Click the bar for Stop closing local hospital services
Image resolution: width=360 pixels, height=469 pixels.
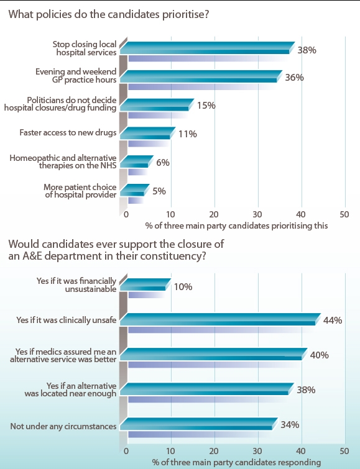coord(205,48)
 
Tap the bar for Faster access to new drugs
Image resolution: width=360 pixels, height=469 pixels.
coord(148,134)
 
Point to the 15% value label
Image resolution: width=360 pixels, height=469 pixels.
coord(206,106)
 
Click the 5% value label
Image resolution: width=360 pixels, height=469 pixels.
coord(159,191)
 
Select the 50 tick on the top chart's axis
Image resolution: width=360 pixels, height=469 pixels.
coord(345,214)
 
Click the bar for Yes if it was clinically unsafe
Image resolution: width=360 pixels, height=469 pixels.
coord(219,320)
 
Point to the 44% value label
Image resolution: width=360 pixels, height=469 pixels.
coord(333,320)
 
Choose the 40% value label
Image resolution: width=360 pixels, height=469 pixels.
coord(319,355)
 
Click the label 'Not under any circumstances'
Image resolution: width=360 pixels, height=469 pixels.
coord(64,426)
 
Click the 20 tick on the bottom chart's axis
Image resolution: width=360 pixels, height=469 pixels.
coord(214,450)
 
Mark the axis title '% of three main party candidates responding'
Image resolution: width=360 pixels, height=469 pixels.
coord(236,462)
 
